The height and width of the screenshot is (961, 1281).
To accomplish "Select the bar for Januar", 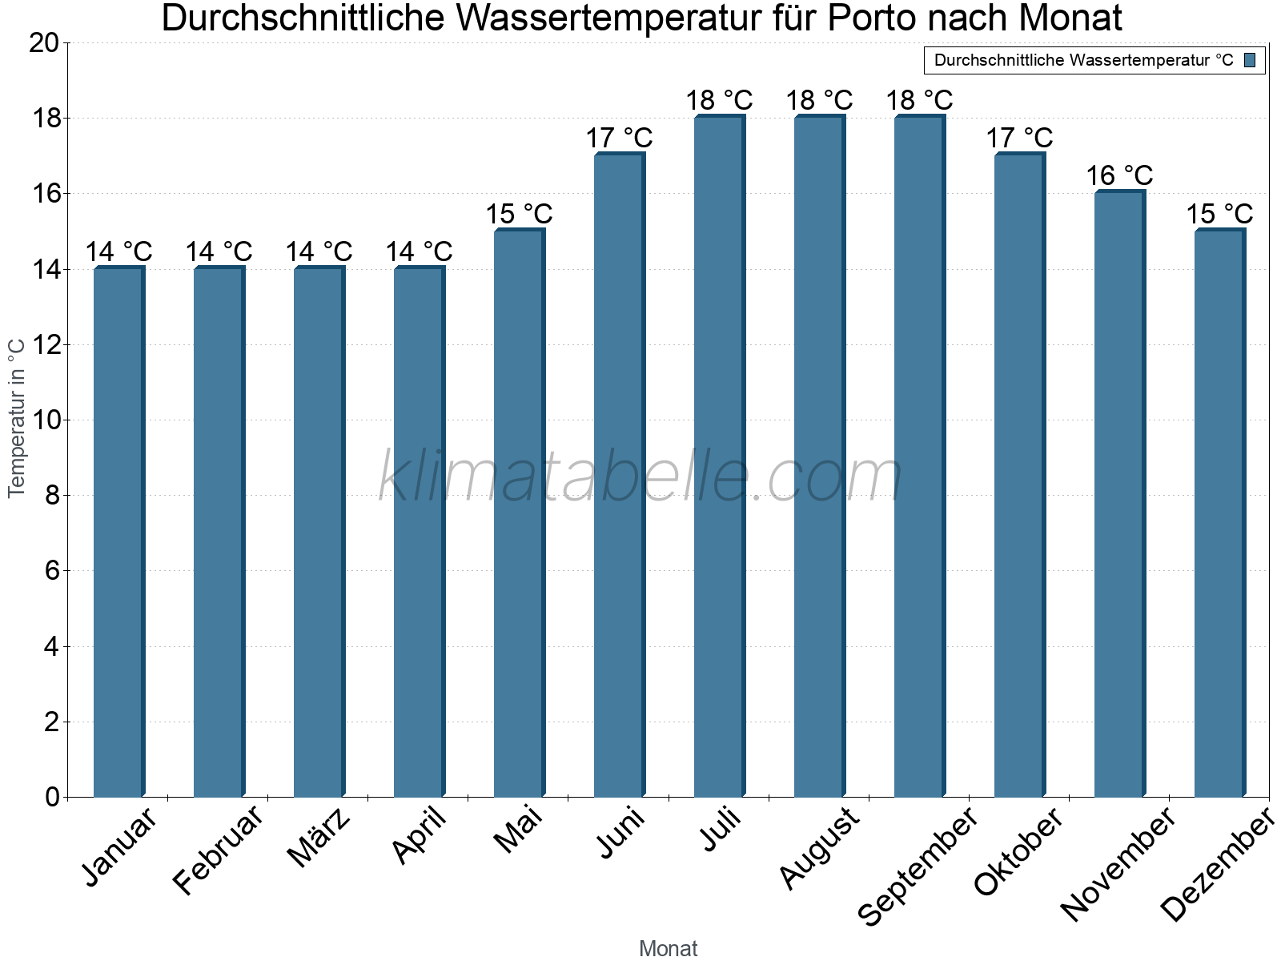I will pyautogui.click(x=118, y=532).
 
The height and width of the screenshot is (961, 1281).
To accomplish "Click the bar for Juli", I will pyautogui.click(x=719, y=456).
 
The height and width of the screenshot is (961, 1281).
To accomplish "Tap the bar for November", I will pyautogui.click(x=1119, y=494).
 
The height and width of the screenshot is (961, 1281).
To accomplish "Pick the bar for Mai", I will pyautogui.click(x=519, y=513).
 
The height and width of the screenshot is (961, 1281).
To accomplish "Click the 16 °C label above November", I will pyautogui.click(x=1119, y=175).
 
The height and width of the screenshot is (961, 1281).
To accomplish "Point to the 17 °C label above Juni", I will pyautogui.click(x=619, y=138).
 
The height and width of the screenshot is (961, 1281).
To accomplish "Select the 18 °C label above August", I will pyautogui.click(x=819, y=100).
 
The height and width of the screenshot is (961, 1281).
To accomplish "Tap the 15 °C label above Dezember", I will pyautogui.click(x=1219, y=214).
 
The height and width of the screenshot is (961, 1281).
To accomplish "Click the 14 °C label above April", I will pyautogui.click(x=419, y=251).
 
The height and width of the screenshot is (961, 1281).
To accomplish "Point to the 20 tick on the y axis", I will pyautogui.click(x=44, y=43).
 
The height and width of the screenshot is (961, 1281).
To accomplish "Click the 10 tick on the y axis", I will pyautogui.click(x=44, y=420).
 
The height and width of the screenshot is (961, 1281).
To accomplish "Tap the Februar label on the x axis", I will pyautogui.click(x=218, y=849).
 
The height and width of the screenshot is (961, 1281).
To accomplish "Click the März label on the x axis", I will pyautogui.click(x=319, y=837).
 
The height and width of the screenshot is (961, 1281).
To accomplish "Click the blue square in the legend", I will pyautogui.click(x=1250, y=60).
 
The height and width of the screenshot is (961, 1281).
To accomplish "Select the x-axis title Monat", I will pyautogui.click(x=668, y=949).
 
